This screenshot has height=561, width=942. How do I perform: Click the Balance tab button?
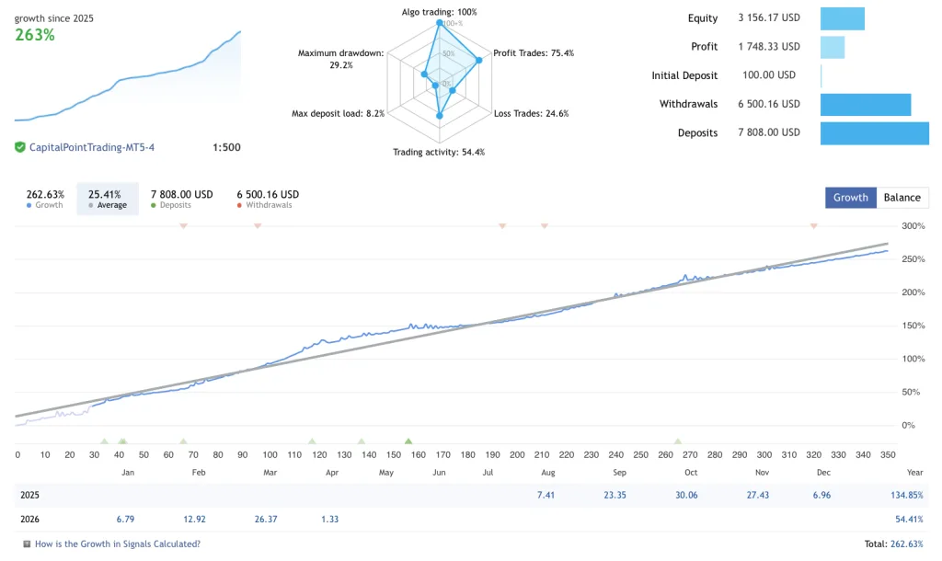902,198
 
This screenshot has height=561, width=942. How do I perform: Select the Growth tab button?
851,198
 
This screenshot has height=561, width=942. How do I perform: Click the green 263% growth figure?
35,35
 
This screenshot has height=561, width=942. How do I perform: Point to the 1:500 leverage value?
226,147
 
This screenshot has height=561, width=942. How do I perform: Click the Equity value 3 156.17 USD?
769,17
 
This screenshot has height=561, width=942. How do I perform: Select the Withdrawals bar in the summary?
865,104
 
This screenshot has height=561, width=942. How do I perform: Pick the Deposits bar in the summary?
874,132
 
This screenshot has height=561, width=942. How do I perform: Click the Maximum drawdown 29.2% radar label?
340,59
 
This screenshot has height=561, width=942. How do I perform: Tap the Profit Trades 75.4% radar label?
534,53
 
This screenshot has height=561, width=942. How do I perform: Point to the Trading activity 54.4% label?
439,152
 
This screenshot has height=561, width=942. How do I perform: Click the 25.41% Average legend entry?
108,198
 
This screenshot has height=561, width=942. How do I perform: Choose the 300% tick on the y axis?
913,226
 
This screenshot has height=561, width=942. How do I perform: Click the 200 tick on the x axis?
517,454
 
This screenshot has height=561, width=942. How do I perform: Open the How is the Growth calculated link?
117,544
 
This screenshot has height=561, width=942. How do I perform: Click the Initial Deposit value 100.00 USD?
769,75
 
